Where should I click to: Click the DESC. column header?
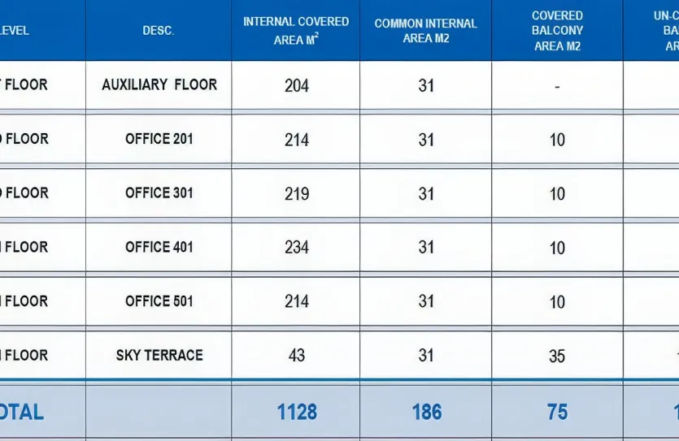(159, 31)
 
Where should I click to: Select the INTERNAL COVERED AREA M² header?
(296, 30)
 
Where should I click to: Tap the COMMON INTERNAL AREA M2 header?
(426, 31)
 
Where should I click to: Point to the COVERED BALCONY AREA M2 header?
(557, 31)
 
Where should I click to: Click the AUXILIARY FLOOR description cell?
(159, 84)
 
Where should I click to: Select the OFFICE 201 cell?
(159, 139)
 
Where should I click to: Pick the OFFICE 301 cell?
(159, 193)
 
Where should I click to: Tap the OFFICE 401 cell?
(159, 247)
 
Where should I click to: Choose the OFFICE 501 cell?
(159, 301)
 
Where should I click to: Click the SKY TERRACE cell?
(159, 355)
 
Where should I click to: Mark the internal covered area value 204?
(297, 85)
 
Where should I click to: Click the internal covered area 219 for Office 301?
(297, 194)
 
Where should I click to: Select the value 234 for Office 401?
(297, 248)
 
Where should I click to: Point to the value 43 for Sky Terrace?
(297, 356)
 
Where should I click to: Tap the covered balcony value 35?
(557, 357)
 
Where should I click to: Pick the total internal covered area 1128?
(297, 412)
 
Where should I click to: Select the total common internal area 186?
(426, 412)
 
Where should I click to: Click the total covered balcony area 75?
(557, 412)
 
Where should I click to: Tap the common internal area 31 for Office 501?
(426, 301)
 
